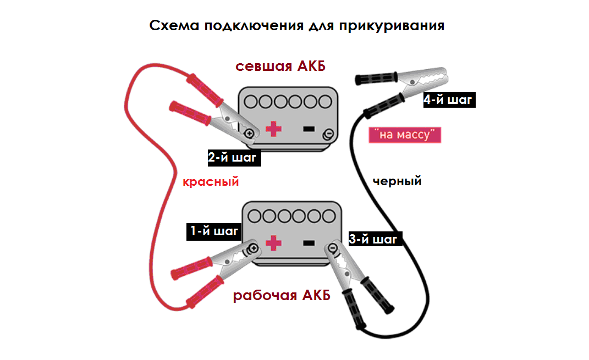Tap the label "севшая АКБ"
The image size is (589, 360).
tap(280, 67)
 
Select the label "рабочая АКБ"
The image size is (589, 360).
tap(282, 296)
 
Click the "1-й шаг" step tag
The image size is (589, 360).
tap(214, 231)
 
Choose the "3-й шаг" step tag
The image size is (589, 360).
tap(373, 240)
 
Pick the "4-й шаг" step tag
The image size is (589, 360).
tap(448, 100)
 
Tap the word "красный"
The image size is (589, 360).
tap(211, 182)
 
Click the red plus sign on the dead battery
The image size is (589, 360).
tap(273, 130)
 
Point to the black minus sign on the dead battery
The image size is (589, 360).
tap(309, 129)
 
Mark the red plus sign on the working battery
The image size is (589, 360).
tap(273, 242)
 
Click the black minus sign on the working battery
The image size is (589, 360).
tap(308, 242)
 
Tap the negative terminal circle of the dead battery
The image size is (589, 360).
tap(328, 134)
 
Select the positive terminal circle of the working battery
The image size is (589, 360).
tap(254, 248)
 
